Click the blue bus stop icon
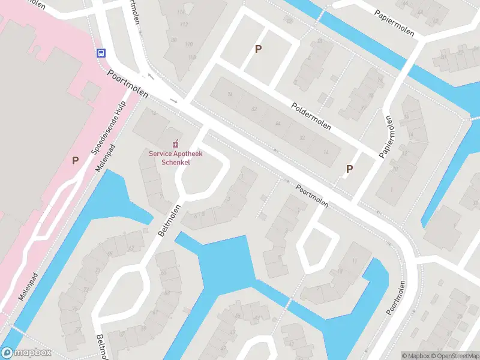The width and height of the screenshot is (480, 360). pos(101,52)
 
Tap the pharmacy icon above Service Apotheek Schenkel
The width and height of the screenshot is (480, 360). pos(176,144)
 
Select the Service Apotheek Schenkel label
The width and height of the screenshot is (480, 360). pos(176,158)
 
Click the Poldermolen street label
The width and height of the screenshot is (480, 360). pos(311,116)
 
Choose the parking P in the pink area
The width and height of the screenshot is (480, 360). pos(76,160)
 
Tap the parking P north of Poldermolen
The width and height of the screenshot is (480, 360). pos(259,49)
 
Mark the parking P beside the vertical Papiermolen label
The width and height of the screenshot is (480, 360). pos(349,169)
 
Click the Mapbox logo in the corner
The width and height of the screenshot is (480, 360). pos(26,353)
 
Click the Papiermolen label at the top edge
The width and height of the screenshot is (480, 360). pos(394,22)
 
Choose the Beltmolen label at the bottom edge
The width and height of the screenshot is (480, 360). pos(101,347)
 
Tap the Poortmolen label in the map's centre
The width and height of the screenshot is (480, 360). pos(312,194)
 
